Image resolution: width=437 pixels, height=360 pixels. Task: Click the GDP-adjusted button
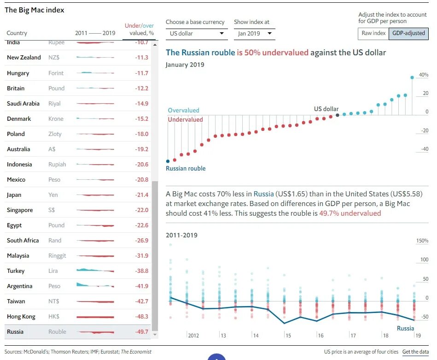(408, 33)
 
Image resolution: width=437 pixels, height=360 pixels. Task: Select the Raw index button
(373, 33)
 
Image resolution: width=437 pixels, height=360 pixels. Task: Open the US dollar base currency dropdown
(197, 33)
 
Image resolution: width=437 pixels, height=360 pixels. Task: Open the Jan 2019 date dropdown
(255, 33)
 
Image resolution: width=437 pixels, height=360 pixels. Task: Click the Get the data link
(415, 352)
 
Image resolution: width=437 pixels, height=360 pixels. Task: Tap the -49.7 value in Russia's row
(142, 331)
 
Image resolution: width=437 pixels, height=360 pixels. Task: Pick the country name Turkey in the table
(16, 271)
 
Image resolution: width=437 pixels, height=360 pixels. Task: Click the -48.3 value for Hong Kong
(142, 316)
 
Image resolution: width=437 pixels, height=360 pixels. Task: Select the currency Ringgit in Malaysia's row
(57, 255)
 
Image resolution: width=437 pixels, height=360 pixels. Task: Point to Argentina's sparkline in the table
(95, 286)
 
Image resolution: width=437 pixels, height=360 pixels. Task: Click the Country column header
(17, 33)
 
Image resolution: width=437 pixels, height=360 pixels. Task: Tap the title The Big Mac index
(35, 10)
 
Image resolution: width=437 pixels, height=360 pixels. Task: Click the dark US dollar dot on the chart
(338, 115)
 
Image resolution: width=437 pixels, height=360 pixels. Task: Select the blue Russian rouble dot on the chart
(168, 161)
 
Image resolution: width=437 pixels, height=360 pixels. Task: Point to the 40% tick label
(422, 75)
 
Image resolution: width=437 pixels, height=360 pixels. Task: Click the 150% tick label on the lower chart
(422, 241)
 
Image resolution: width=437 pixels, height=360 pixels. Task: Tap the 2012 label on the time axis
(193, 335)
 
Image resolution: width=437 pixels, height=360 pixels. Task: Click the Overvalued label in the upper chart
(183, 110)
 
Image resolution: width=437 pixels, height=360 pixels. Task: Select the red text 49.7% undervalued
(350, 213)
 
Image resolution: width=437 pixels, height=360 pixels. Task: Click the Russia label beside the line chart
(405, 328)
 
